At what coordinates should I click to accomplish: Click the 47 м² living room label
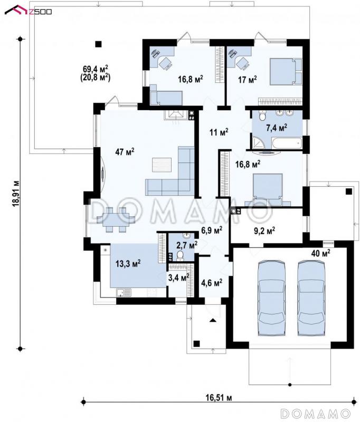125,152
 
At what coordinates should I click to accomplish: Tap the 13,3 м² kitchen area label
128,263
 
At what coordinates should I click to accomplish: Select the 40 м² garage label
321,253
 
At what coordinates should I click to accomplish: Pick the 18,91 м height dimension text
16,193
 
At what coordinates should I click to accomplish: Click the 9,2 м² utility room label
264,231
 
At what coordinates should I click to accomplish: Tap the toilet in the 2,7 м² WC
180,255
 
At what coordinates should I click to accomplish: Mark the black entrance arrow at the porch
213,320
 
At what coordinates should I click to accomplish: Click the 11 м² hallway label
219,132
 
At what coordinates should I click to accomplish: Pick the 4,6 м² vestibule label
212,283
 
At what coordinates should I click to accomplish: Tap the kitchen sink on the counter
124,292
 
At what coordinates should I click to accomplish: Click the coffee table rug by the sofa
162,165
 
